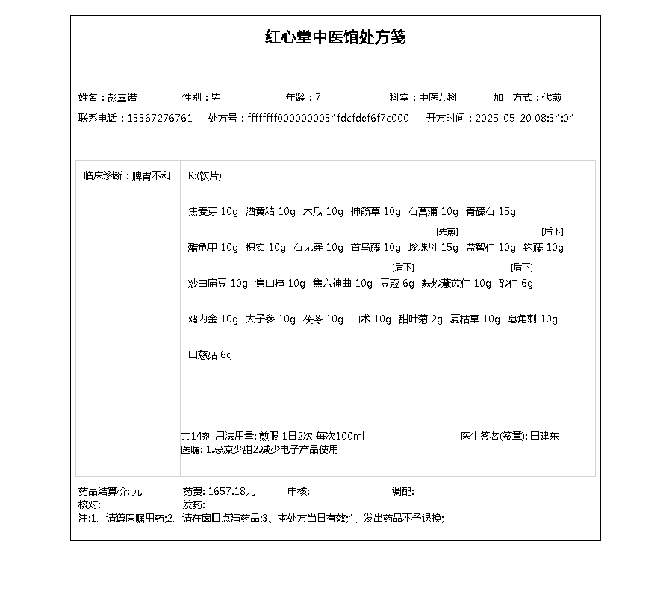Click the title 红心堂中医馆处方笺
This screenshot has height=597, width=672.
coord(336,37)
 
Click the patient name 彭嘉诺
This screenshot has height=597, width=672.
coord(122,97)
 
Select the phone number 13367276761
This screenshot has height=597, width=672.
coord(160,118)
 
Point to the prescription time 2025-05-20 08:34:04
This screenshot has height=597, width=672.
coord(525,118)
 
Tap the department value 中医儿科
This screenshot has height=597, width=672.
coord(438,97)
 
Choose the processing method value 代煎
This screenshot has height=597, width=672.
coord(552,97)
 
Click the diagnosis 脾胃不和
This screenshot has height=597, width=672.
coord(152,176)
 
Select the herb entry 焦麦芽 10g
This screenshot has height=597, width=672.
coord(213,212)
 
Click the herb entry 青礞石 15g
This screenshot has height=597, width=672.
coord(491,212)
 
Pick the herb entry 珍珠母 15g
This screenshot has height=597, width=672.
coord(433,248)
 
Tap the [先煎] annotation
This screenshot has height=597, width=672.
coord(447,232)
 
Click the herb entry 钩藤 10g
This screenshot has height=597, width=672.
coord(543,248)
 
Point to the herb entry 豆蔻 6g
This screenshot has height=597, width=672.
coord(396,284)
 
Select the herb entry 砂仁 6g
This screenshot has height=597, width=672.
coord(516,284)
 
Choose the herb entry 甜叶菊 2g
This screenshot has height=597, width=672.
coord(420,319)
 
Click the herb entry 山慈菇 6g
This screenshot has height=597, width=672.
coord(210,355)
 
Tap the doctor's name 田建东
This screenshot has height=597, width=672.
coord(544,436)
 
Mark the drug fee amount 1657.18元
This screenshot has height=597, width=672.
coord(231,491)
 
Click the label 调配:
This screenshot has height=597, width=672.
coord(403,491)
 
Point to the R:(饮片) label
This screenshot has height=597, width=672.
coord(205,176)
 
